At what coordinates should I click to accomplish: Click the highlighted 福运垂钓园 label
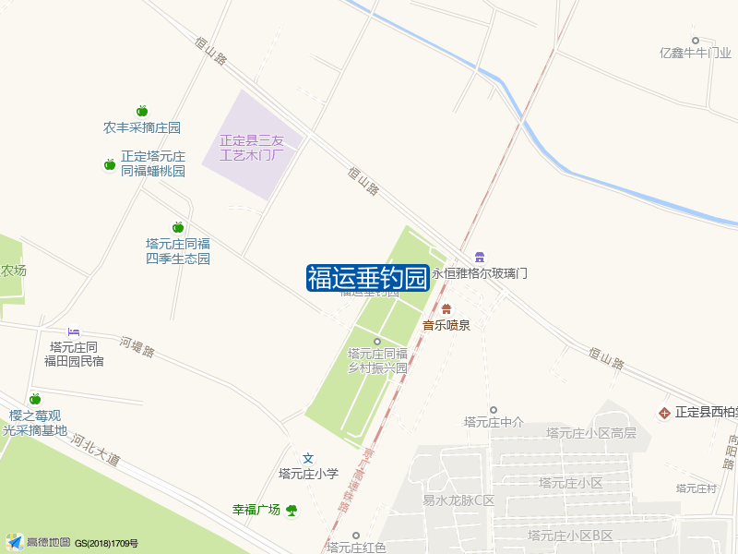pos(368,278)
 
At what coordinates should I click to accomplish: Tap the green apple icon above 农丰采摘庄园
pos(142,111)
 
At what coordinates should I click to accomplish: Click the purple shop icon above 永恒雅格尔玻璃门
pos(479,257)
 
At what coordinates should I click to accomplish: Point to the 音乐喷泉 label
pos(446,325)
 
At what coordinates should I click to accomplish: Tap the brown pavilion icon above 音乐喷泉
pos(446,308)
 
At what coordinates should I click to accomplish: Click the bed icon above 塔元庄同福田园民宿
pos(75,331)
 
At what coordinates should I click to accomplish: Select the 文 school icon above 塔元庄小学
pos(309,458)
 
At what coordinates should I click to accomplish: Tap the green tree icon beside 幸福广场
pos(292,509)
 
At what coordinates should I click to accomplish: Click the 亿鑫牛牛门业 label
pos(696,54)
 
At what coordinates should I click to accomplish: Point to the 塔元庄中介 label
pos(494,423)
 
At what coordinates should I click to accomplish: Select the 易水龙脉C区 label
pos(458,501)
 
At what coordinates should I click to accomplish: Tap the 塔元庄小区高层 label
pos(590,433)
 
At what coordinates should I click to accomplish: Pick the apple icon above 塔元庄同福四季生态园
pos(178,227)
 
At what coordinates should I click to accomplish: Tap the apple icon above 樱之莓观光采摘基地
pos(35,399)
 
